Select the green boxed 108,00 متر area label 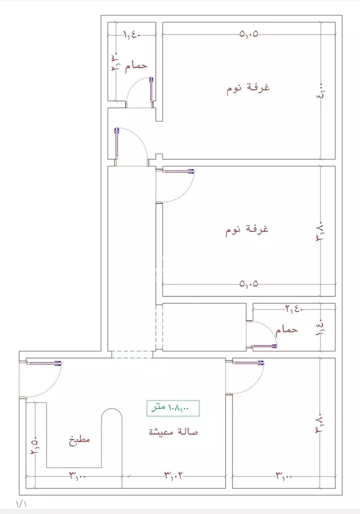(172, 408)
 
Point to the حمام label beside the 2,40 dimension (287, 330)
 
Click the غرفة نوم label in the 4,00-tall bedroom (248, 89)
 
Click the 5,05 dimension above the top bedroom (249, 35)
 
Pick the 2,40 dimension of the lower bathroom (293, 309)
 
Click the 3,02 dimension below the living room (174, 476)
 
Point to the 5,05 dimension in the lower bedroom (249, 283)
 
